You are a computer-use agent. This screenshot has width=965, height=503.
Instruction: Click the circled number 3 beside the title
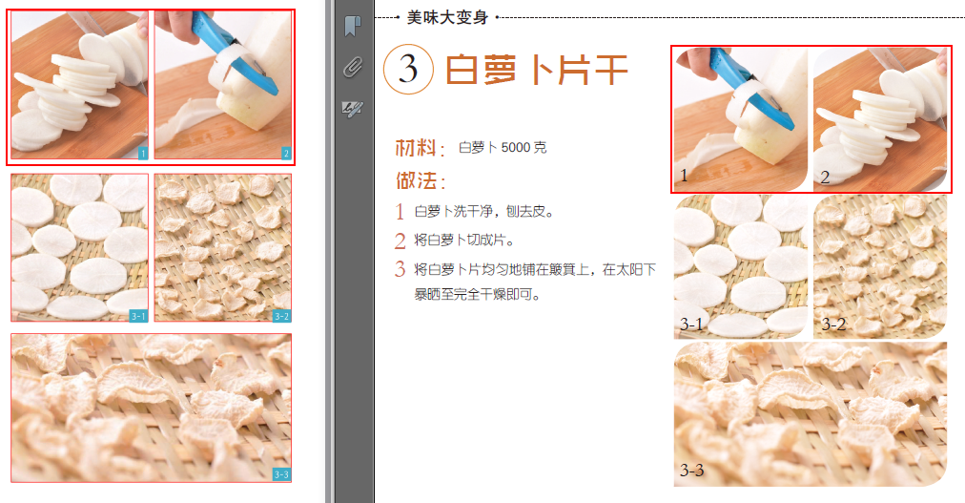pyautogui.click(x=408, y=69)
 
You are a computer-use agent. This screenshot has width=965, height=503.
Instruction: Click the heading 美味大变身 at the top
pyautogui.click(x=447, y=17)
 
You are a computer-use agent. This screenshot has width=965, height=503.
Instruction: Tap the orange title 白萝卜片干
pyautogui.click(x=536, y=69)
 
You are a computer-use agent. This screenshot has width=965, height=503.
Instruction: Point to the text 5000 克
pyautogui.click(x=524, y=148)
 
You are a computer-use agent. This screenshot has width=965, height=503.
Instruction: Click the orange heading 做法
pyautogui.click(x=417, y=181)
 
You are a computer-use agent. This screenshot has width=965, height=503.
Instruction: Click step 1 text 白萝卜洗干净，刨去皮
pyautogui.click(x=485, y=211)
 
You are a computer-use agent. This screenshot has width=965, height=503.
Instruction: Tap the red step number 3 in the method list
pyautogui.click(x=400, y=269)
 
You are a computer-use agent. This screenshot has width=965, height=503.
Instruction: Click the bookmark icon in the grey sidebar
pyautogui.click(x=352, y=26)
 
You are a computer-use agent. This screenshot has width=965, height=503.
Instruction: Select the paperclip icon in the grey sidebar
pyautogui.click(x=353, y=67)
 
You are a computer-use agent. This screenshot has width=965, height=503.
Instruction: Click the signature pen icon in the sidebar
pyautogui.click(x=352, y=109)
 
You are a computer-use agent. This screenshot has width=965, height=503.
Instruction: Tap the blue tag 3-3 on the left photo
pyautogui.click(x=282, y=474)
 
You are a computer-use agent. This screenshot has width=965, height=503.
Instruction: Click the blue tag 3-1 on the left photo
pyautogui.click(x=138, y=316)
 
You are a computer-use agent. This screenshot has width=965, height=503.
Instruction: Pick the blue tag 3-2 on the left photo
pyautogui.click(x=282, y=316)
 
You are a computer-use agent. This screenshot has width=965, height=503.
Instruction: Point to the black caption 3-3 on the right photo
pyautogui.click(x=692, y=471)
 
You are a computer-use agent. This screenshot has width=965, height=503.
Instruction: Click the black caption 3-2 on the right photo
pyautogui.click(x=834, y=324)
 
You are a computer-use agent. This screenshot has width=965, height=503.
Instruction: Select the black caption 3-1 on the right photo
pyautogui.click(x=692, y=324)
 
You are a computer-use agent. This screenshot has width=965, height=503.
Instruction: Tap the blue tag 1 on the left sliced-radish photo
pyautogui.click(x=143, y=154)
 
